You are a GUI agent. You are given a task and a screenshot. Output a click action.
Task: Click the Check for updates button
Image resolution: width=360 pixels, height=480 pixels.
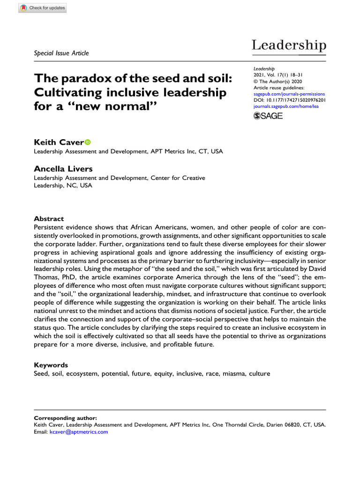point(42,8)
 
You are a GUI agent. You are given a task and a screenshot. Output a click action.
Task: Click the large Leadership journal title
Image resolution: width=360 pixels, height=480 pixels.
point(289,45)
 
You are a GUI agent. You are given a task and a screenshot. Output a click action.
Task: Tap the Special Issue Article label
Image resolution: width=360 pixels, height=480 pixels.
point(61,53)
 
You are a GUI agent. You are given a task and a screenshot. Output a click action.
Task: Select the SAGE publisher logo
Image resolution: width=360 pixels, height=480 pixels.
point(268,116)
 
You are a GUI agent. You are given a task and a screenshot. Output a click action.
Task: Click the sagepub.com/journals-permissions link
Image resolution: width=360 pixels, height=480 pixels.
point(289,94)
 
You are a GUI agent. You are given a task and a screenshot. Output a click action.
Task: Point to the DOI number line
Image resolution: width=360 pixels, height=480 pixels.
point(290,100)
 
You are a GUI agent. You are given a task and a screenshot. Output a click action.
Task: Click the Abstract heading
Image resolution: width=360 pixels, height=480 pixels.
point(49,218)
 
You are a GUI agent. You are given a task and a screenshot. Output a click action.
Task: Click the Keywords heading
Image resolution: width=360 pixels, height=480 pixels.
point(51,365)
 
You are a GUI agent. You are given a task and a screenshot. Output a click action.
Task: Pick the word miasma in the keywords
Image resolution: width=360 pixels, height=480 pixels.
point(232,374)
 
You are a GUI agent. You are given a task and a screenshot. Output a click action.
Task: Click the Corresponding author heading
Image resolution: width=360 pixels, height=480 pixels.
point(66,418)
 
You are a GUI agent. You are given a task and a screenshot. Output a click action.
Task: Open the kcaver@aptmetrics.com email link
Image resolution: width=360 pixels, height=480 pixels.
point(79,432)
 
